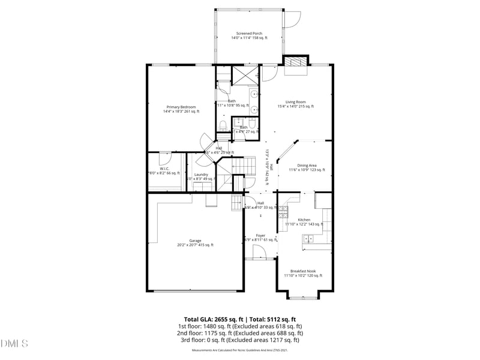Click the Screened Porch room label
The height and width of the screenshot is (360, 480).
pyautogui.click(x=249, y=33)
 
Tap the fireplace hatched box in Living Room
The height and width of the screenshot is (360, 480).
pyautogui.click(x=294, y=62)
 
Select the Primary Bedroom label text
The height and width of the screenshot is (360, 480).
pyautogui.click(x=181, y=107)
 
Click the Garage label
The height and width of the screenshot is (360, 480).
pyautogui.click(x=195, y=241)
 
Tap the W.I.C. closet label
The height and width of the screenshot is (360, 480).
pyautogui.click(x=164, y=169)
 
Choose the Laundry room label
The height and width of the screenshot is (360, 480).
pyautogui.click(x=201, y=175)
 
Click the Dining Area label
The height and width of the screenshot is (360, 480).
pyautogui.click(x=307, y=166)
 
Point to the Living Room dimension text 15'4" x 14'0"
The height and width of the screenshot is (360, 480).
pyautogui.click(x=295, y=107)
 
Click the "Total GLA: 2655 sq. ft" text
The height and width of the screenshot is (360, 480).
pyautogui.click(x=212, y=319)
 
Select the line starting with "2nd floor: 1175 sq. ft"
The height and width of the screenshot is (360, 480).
pyautogui.click(x=240, y=333)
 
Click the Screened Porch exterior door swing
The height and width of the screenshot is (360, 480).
pyautogui.click(x=292, y=20)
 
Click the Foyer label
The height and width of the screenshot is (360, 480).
pyautogui.click(x=260, y=235)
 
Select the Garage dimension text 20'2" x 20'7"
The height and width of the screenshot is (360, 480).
pyautogui.click(x=195, y=245)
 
